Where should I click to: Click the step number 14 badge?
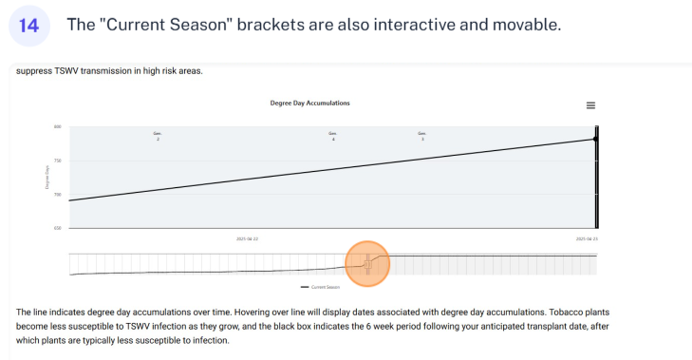coord(28,26)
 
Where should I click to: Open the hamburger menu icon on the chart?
coord(590,105)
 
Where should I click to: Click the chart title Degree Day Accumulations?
coord(310,103)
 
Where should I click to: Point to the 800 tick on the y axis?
coord(57,126)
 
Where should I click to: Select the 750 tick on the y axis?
coord(57,161)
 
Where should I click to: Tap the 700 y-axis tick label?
coord(57,195)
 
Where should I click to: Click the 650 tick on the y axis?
coord(57,228)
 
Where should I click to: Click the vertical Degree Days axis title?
coord(47,178)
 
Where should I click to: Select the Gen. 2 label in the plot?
coord(158,136)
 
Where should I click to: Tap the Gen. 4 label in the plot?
coord(332,136)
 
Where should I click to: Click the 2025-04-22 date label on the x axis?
coord(247,238)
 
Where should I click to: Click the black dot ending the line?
coord(594,139)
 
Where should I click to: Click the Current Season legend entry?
coord(319,285)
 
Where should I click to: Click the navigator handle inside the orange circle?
coord(368,264)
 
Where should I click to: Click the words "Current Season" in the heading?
coord(162,25)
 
